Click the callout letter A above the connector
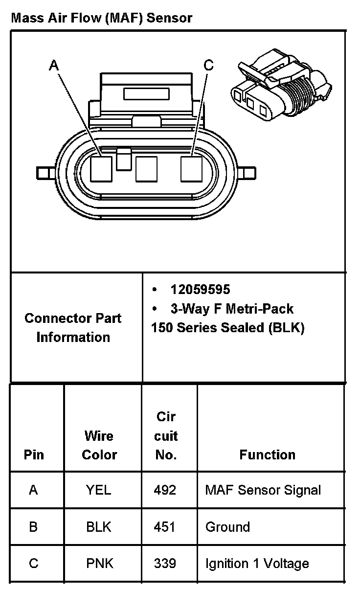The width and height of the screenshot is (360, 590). [x=54, y=66]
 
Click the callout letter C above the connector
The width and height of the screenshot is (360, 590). [x=208, y=66]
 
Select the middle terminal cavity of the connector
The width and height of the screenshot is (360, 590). [x=146, y=169]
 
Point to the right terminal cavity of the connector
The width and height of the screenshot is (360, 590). [x=191, y=169]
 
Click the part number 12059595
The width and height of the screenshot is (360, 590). [x=200, y=290]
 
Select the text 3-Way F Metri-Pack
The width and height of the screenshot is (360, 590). [x=231, y=309]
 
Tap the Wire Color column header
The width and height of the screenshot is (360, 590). [x=99, y=445]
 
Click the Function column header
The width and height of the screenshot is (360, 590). [x=267, y=454]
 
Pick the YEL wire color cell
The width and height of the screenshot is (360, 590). [x=99, y=490]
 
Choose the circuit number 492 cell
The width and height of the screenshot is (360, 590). [x=165, y=490]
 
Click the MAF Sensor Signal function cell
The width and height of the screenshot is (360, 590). [x=263, y=490]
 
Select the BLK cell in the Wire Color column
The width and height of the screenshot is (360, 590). [x=99, y=527]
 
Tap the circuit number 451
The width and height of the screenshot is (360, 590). [x=165, y=527]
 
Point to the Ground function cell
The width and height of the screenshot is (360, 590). [x=227, y=527]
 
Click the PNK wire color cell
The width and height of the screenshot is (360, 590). [x=99, y=564]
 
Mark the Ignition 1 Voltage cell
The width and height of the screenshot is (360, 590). [x=257, y=564]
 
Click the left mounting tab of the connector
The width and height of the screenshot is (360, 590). [x=45, y=173]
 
